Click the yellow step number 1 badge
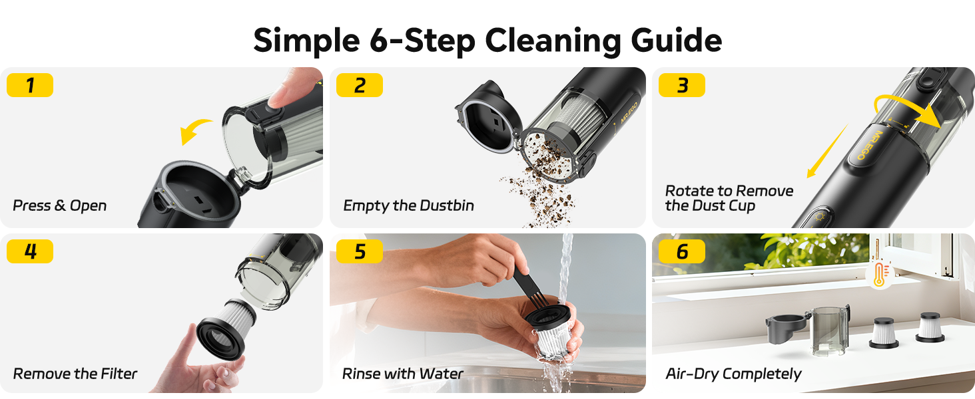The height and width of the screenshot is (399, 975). tap(30, 85)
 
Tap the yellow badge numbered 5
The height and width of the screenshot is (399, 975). tap(360, 251)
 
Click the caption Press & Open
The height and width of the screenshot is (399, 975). tap(60, 205)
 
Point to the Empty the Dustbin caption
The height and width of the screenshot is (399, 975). tap(408, 205)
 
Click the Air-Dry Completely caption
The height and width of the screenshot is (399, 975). tap(733, 374)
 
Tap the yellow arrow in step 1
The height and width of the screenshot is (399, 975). tap(196, 131)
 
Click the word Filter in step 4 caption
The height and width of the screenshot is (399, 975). tap(118, 374)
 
